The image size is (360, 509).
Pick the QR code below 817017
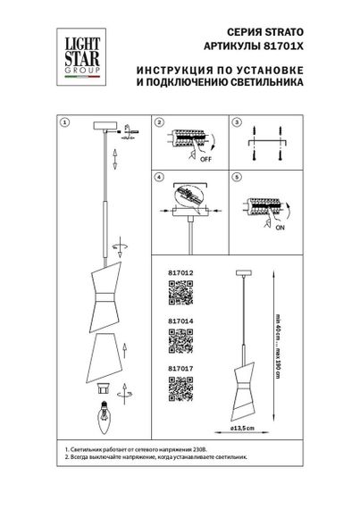(x=181, y=389)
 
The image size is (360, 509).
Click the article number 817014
(x=180, y=327)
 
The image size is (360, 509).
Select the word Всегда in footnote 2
(x=83, y=456)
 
